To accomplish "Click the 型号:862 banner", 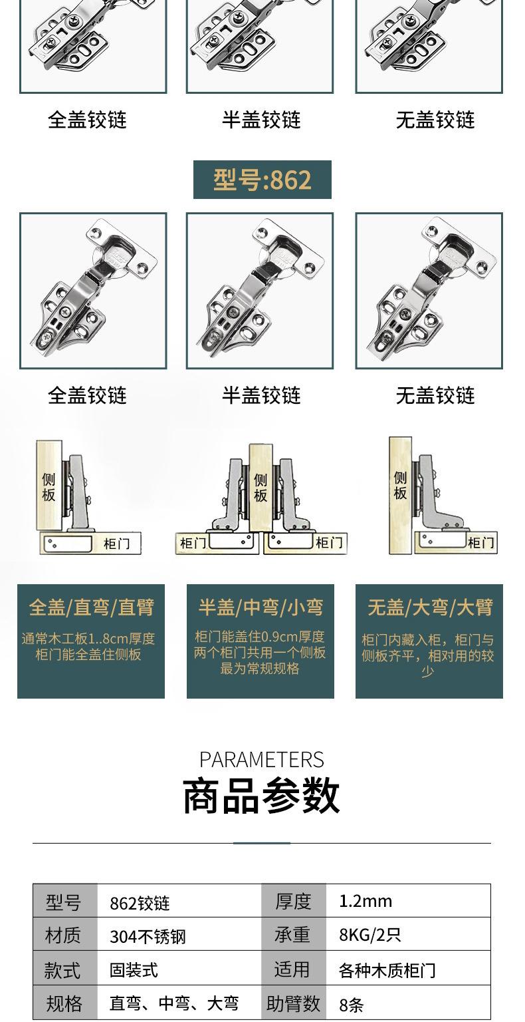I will [262, 180].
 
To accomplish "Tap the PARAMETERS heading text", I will [261, 760].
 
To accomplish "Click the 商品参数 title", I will [261, 796].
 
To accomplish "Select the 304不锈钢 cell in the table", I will [148, 937].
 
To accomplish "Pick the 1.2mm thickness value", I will [366, 902].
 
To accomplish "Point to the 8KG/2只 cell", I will [369, 936].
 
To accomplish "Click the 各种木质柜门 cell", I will [387, 971].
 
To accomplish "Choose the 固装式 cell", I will [134, 971].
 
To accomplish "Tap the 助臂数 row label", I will [293, 1003].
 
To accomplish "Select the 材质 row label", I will [64, 936].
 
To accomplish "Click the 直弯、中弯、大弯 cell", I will [173, 1003].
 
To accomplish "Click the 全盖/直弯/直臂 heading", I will [91, 607].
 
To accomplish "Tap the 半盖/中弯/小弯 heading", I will [261, 607].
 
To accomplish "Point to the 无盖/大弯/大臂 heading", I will [430, 607].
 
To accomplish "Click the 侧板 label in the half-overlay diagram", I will [261, 487].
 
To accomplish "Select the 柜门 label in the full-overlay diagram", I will [116, 544].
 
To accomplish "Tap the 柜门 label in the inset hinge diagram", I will [480, 543].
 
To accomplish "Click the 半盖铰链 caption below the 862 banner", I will [261, 396].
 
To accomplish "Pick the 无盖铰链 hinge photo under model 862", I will [429, 291].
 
